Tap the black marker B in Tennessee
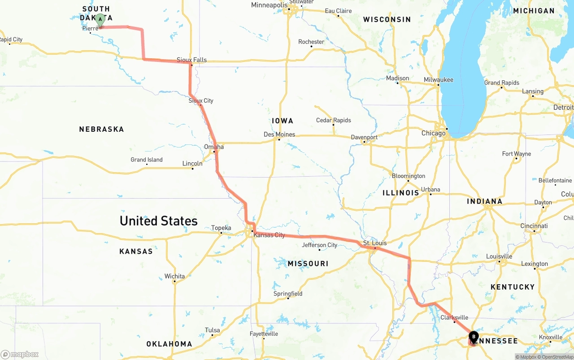pos(474,337)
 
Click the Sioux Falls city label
pos(191,60)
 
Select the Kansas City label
pos(269,235)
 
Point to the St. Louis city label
pos(375,243)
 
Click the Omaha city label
pos(213,147)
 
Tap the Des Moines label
pos(279,134)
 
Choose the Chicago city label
pos(433,133)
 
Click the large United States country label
pos(158,221)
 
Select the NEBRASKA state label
pos(101,129)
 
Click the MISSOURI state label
pos(308,264)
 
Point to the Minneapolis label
pos(269,5)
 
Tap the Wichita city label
pos(174,276)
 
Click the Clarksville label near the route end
pos(454,317)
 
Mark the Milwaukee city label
pos(438,80)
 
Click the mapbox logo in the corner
pos(20,354)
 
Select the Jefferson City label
pos(319,245)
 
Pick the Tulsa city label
pos(212,330)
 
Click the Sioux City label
pos(201,100)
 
